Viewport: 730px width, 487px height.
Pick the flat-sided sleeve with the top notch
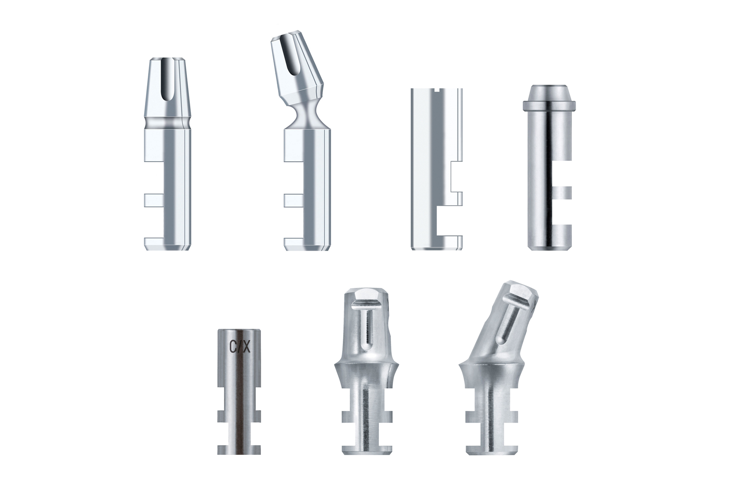(437, 169)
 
